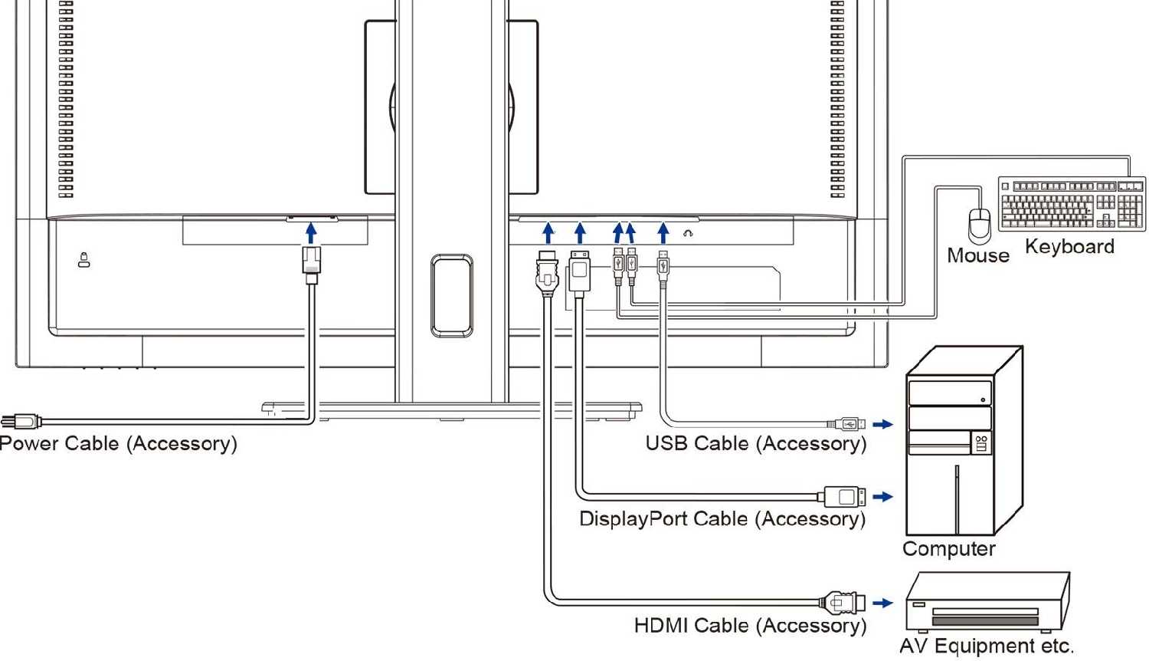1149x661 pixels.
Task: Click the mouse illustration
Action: tap(980, 225)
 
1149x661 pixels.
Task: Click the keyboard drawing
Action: tap(1072, 203)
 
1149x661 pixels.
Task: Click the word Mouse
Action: tap(977, 255)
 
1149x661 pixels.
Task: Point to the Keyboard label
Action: tap(1069, 247)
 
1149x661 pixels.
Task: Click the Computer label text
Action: tap(948, 549)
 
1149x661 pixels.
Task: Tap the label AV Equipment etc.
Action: tap(987, 646)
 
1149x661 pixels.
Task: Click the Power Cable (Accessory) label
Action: tap(118, 444)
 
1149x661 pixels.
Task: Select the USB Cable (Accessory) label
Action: tap(755, 444)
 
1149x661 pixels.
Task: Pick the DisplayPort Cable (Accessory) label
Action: tap(722, 519)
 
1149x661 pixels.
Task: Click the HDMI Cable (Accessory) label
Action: tap(750, 626)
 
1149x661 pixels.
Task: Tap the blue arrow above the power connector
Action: tap(310, 232)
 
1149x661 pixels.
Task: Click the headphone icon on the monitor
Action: tap(688, 233)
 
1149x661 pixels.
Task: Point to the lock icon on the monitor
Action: tap(84, 261)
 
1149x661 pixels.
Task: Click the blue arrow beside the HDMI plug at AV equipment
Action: tap(882, 603)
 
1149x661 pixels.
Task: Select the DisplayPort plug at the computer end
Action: tap(844, 497)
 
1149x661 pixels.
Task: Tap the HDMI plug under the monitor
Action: tap(546, 273)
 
